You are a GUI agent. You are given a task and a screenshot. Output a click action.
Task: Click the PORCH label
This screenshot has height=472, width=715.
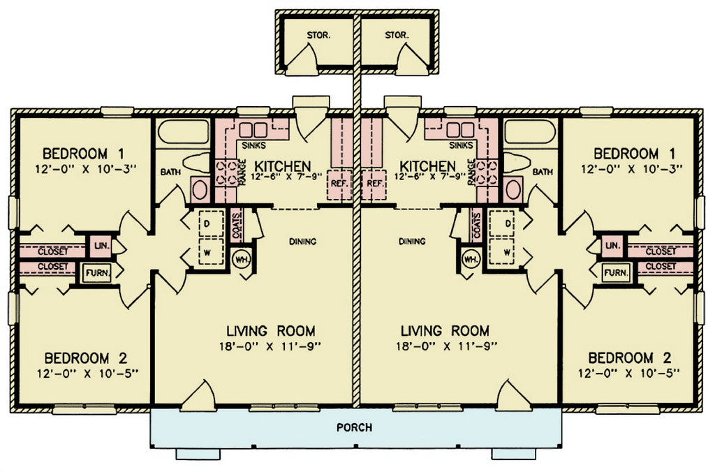(x=354, y=427)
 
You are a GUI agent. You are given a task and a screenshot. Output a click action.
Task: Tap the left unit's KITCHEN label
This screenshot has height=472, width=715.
(x=282, y=166)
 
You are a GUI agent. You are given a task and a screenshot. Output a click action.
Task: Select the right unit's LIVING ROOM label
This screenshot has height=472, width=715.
(x=445, y=330)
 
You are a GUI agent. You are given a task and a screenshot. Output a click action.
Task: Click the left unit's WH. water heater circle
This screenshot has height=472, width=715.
(x=241, y=260)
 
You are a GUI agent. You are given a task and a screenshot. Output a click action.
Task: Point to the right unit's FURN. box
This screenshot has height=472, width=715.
(x=616, y=273)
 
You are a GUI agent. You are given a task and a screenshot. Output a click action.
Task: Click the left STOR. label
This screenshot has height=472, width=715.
(x=318, y=35)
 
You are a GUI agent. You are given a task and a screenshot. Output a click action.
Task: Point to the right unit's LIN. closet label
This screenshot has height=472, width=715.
(x=613, y=245)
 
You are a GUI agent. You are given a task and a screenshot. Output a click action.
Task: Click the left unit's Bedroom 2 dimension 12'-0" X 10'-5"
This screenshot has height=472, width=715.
(x=87, y=373)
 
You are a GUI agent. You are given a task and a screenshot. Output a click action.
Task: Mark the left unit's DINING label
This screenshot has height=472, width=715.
(x=303, y=242)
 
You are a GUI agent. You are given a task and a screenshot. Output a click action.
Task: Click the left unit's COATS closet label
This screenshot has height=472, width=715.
(x=236, y=226)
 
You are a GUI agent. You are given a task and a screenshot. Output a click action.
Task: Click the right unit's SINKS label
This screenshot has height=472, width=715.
(x=461, y=145)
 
